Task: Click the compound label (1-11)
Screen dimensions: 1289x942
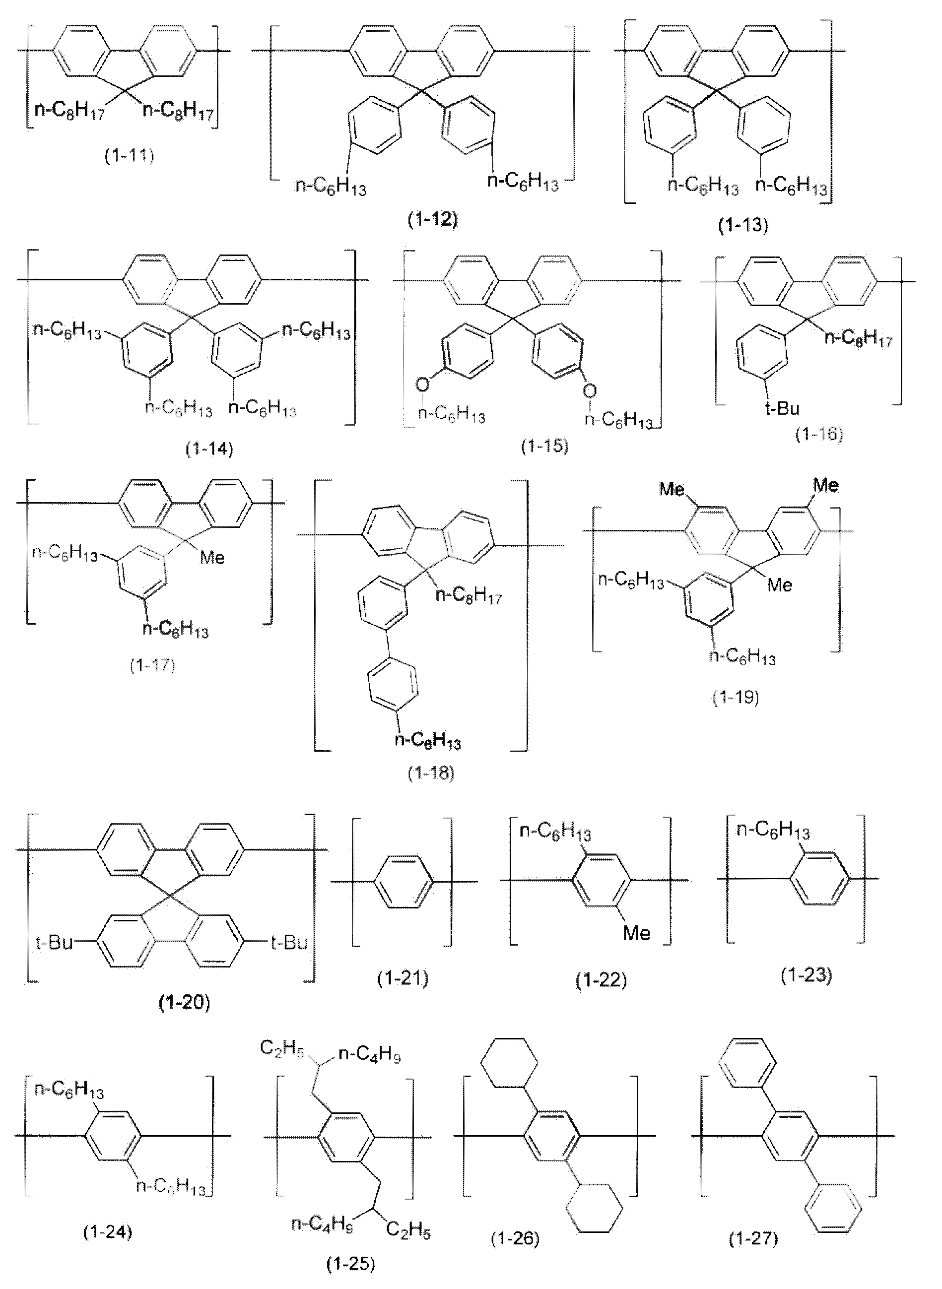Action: click(129, 156)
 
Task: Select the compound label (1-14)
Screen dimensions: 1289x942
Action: click(209, 449)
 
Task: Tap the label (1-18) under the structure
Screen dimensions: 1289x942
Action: click(431, 773)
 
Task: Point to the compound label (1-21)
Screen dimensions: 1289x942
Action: click(403, 978)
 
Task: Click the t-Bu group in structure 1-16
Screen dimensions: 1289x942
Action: click(782, 408)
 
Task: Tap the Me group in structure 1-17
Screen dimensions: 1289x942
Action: click(212, 557)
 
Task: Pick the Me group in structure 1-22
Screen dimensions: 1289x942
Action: click(636, 933)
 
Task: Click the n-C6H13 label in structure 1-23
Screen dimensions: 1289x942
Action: click(773, 831)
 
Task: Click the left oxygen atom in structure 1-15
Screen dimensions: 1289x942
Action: click(422, 386)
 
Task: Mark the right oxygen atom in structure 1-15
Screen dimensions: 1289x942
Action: click(590, 391)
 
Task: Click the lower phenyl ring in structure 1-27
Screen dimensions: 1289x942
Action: click(833, 1208)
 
